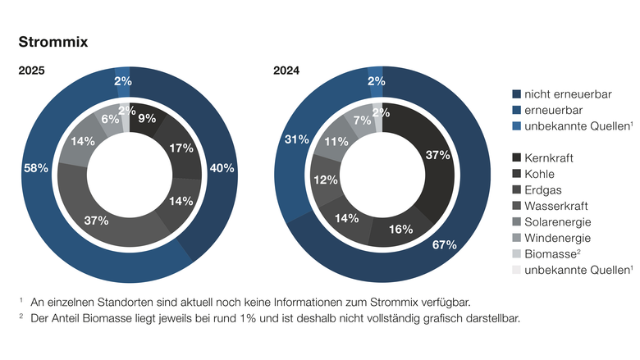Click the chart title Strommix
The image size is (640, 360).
coord(53,41)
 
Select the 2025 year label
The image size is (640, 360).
coord(32,71)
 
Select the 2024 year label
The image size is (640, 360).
coord(286,71)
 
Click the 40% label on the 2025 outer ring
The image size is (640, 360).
coord(222,168)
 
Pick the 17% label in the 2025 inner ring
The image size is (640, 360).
coord(181,148)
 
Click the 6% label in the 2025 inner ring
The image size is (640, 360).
coord(110,118)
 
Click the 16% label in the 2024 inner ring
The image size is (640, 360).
coord(400,229)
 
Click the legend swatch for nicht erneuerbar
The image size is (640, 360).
coord(516,94)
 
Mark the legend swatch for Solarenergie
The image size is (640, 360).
coord(516,221)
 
